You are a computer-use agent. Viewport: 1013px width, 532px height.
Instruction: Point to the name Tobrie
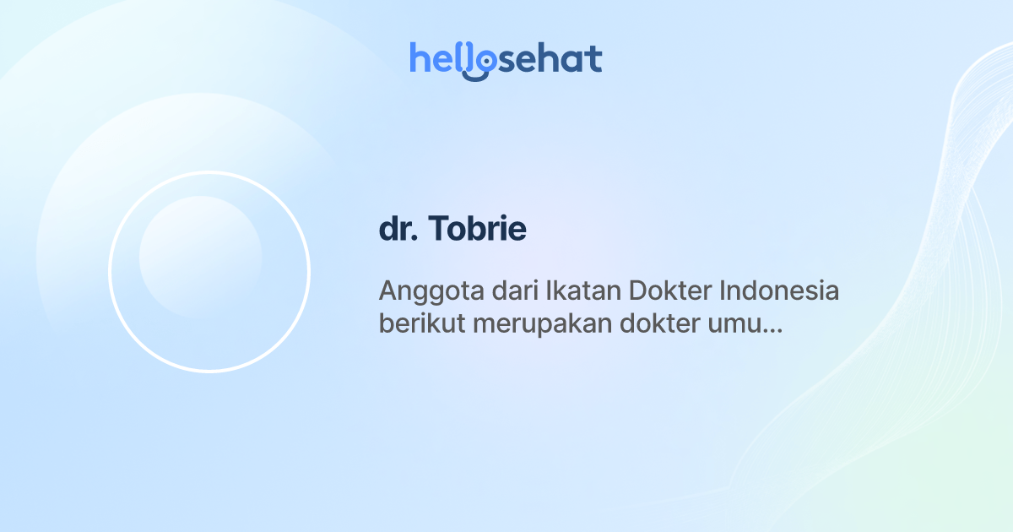[x=479, y=230]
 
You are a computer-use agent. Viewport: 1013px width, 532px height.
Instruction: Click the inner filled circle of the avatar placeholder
[x=200, y=257]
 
